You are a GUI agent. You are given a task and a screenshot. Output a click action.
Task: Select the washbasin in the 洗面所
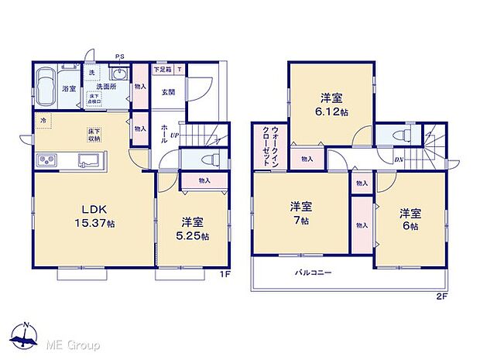[x=119, y=74]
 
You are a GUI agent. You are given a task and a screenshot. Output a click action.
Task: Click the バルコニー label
[x=313, y=273]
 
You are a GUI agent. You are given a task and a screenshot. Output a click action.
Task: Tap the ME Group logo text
[x=73, y=344]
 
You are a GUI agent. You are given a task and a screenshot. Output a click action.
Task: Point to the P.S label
[x=120, y=56]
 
